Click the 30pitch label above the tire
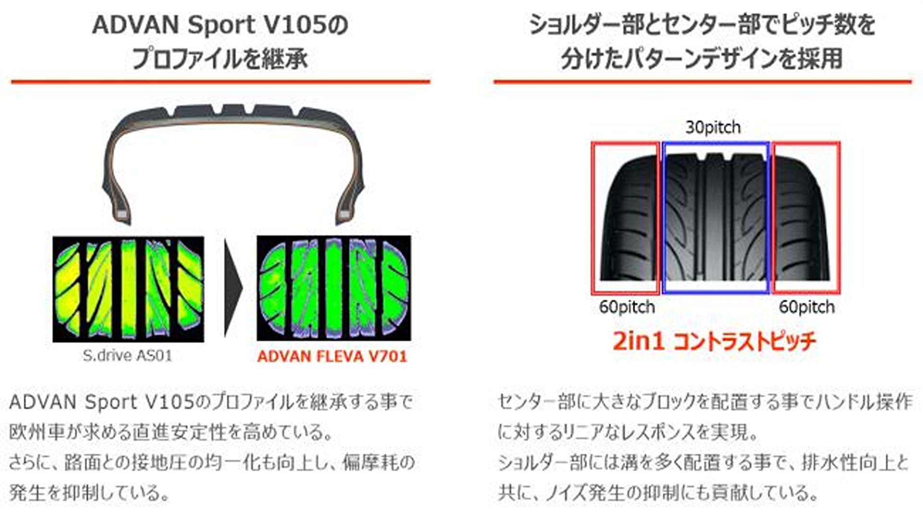(713, 127)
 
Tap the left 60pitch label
(627, 307)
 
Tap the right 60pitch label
(807, 307)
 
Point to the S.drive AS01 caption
(127, 356)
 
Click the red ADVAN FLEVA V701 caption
(332, 357)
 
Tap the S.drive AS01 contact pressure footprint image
(128, 289)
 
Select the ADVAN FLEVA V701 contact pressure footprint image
(334, 288)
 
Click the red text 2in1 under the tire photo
(638, 341)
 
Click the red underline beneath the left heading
(220, 82)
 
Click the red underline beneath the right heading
(702, 82)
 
